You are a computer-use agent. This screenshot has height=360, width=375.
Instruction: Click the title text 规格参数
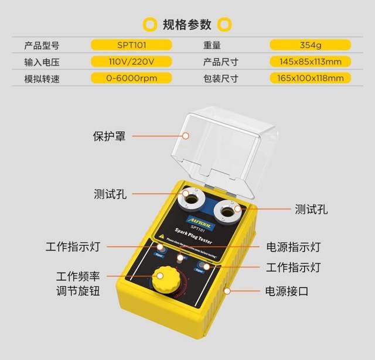click(x=187, y=24)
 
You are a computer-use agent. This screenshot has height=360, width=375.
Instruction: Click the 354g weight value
click(x=311, y=44)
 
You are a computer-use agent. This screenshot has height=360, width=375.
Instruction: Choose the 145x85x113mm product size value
click(x=311, y=61)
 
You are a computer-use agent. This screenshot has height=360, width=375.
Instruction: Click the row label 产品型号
click(x=42, y=44)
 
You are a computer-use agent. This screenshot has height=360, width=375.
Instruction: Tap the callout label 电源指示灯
click(x=293, y=247)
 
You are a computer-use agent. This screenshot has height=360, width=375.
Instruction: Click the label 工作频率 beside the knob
click(x=77, y=276)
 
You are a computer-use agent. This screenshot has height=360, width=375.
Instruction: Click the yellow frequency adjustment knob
click(x=165, y=280)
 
